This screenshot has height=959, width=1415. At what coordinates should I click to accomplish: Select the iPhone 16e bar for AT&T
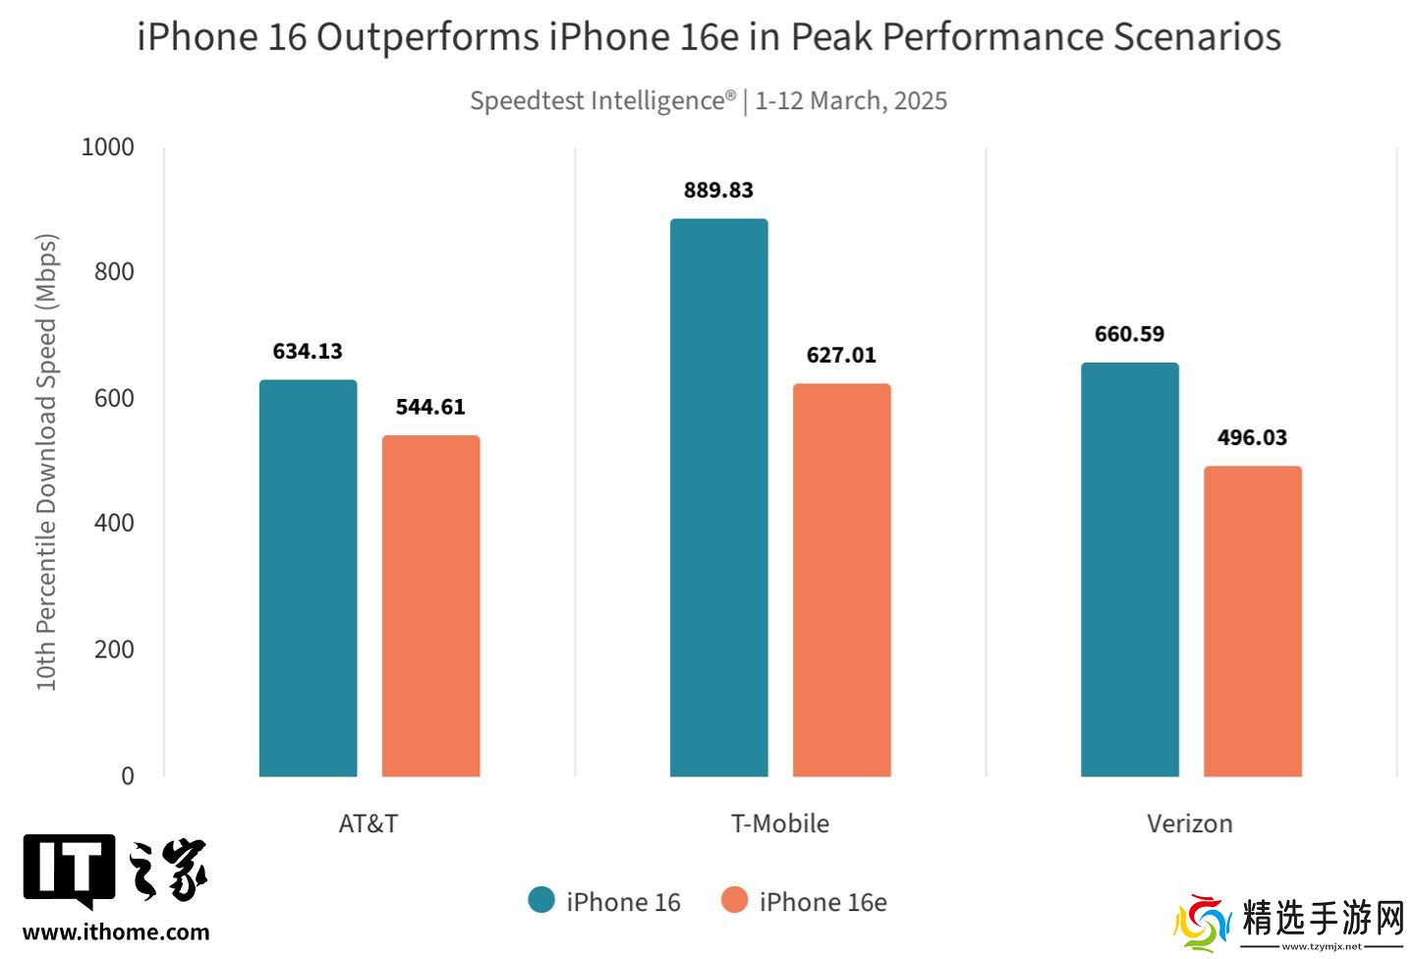(430, 605)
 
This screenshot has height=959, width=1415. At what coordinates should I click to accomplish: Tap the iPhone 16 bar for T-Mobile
(718, 497)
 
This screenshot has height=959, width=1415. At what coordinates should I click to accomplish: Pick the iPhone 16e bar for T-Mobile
(841, 580)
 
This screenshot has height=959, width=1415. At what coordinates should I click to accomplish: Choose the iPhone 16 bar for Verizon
(1129, 570)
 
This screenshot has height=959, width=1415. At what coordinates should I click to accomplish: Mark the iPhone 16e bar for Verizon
(1252, 621)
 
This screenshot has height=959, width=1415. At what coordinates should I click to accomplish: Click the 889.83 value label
(718, 190)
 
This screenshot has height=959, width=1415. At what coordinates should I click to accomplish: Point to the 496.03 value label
(1252, 437)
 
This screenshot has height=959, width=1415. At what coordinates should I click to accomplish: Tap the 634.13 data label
(308, 351)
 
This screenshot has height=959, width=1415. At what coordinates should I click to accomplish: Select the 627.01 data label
(841, 355)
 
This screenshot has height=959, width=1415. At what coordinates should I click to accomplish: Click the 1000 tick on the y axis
(107, 147)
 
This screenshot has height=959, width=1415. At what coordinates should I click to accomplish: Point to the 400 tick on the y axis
(114, 524)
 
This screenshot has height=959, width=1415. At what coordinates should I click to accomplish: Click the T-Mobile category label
(780, 823)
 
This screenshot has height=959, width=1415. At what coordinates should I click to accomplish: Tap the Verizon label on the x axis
(1189, 823)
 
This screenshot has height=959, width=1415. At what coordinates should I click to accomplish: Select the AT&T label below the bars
(368, 823)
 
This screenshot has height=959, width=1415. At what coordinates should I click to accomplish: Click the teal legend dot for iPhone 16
(541, 900)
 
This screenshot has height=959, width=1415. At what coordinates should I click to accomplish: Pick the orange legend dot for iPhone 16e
(734, 900)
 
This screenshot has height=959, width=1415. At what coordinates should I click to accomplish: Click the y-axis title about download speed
(47, 462)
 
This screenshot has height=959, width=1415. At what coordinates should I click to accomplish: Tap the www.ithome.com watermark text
(116, 932)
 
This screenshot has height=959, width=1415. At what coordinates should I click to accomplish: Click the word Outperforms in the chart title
(427, 37)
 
